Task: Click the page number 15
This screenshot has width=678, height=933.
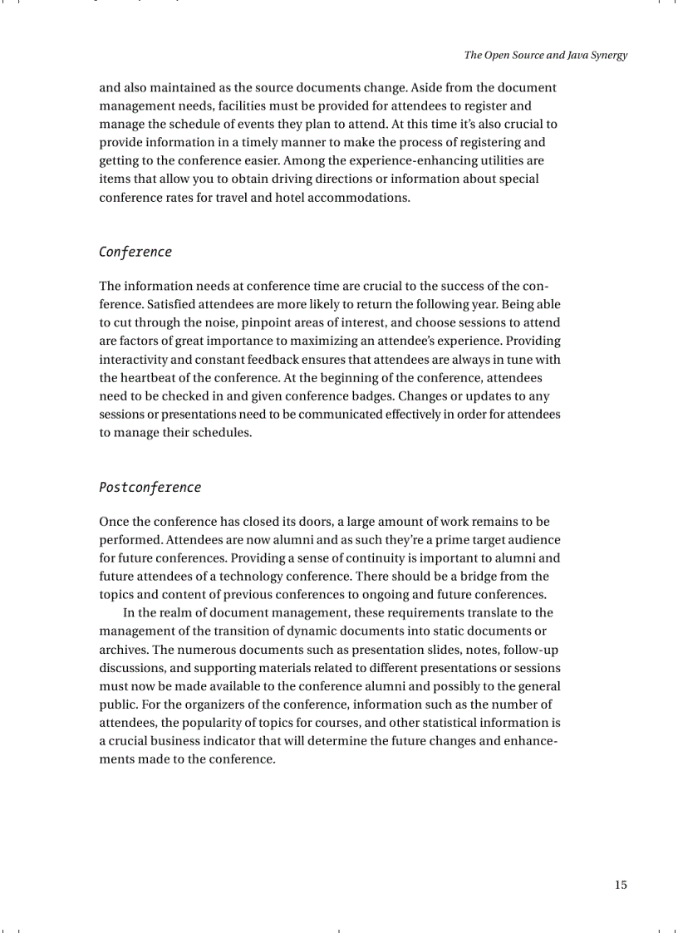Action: point(621,885)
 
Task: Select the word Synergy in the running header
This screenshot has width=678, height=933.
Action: point(608,56)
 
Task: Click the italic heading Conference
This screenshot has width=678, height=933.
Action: point(135,252)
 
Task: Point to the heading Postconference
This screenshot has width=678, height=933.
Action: point(150,487)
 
